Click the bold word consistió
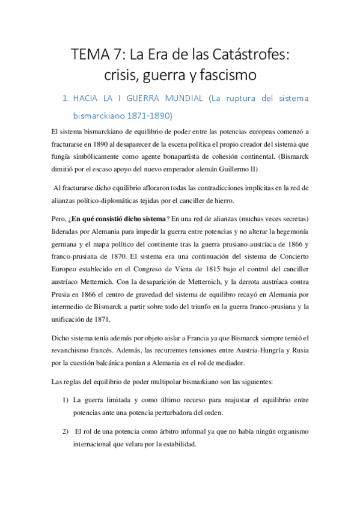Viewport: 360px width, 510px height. [109, 218]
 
